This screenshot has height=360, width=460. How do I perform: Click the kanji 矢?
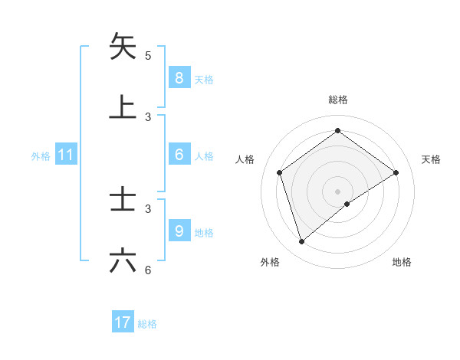(x=123, y=46)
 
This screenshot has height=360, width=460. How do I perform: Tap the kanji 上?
(x=123, y=107)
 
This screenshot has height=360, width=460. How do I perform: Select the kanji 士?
(x=123, y=200)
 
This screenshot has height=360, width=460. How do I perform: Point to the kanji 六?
(x=123, y=261)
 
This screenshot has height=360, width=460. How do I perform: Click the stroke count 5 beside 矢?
(x=148, y=55)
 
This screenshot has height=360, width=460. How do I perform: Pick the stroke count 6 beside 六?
(x=148, y=270)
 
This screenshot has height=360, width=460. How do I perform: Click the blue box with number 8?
(x=179, y=77)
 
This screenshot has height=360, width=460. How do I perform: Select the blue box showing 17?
(x=123, y=322)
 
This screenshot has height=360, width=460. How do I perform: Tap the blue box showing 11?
(x=66, y=155)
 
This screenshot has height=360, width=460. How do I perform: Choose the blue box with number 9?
(x=179, y=231)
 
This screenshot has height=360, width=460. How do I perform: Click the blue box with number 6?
(x=179, y=155)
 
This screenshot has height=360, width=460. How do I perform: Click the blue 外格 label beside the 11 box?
(x=41, y=156)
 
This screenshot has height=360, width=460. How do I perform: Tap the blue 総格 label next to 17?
(x=147, y=324)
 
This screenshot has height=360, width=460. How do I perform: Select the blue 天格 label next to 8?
(x=204, y=79)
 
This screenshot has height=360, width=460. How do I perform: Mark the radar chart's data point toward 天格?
(x=396, y=172)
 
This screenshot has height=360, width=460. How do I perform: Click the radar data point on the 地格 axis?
(x=347, y=204)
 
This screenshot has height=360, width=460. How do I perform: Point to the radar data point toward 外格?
(x=301, y=242)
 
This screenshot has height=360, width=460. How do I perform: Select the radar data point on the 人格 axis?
(x=280, y=172)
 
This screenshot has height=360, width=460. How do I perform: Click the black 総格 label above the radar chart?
(x=338, y=100)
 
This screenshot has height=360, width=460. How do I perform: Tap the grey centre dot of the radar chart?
(x=338, y=191)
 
